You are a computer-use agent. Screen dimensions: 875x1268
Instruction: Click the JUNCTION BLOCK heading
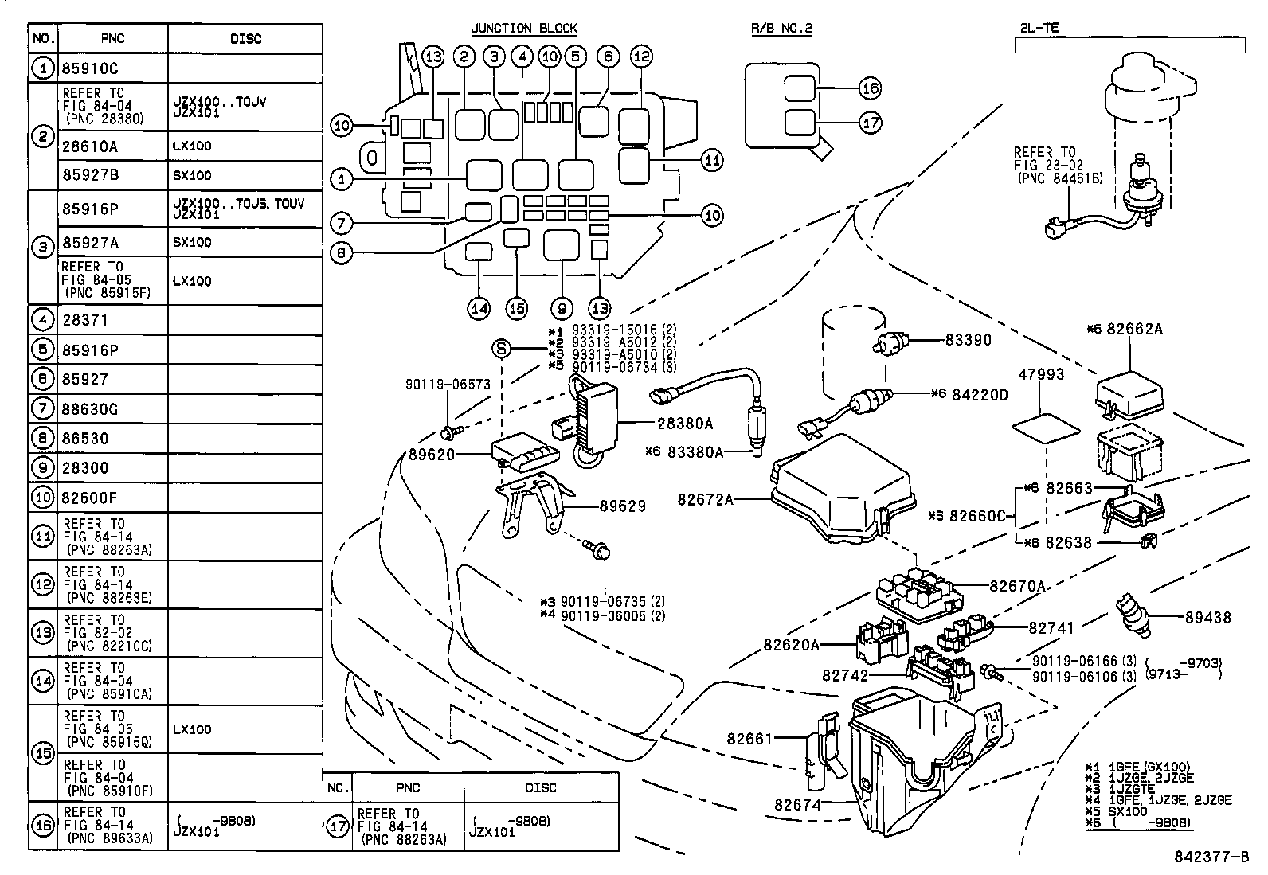(x=523, y=29)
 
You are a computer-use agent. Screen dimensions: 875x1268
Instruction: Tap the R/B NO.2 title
(x=781, y=29)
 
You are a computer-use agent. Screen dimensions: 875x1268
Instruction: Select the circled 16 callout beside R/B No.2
(x=870, y=88)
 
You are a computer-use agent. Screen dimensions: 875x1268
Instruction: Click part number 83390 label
(x=968, y=340)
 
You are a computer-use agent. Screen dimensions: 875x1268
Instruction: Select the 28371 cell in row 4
(x=84, y=320)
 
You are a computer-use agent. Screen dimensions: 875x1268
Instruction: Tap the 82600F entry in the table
(x=89, y=498)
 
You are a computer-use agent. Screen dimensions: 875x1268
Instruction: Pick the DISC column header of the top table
(x=245, y=39)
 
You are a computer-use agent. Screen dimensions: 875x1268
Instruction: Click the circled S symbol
(x=500, y=348)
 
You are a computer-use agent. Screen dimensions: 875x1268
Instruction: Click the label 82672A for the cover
(x=705, y=499)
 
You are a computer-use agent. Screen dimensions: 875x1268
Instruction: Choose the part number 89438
(x=1207, y=617)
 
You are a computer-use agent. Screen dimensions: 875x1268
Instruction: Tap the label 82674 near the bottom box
(x=796, y=805)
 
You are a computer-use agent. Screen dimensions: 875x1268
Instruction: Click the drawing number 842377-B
(x=1211, y=858)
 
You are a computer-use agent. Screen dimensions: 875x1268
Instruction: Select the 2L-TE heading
(x=1039, y=29)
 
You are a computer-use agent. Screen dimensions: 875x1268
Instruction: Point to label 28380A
(x=685, y=424)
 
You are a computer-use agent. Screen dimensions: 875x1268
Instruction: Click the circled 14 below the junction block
(x=479, y=309)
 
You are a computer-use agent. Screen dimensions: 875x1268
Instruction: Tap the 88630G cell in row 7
(x=89, y=409)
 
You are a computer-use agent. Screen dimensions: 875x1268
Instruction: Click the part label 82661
(x=749, y=738)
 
